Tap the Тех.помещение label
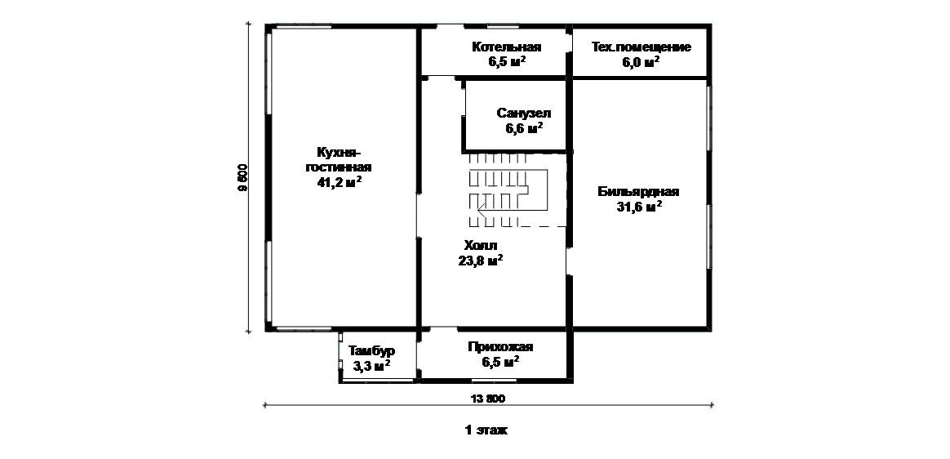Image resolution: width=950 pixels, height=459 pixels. coord(641,47)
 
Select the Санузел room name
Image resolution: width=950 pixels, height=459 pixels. coord(524,113)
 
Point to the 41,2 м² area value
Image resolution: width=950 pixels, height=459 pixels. coord(340,183)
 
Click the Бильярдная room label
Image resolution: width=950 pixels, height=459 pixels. coord(638,192)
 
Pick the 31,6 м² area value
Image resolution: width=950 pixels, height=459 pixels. coord(639,207)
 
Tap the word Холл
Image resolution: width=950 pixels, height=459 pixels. coord(480,245)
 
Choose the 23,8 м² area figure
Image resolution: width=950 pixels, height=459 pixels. coord(480,261)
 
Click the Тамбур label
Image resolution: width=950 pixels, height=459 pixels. coord(371,351)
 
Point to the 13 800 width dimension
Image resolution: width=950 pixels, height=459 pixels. coord(489,399)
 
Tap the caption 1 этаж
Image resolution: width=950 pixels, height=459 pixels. coord(486,430)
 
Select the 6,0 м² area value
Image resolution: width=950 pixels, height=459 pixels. coord(641,62)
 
